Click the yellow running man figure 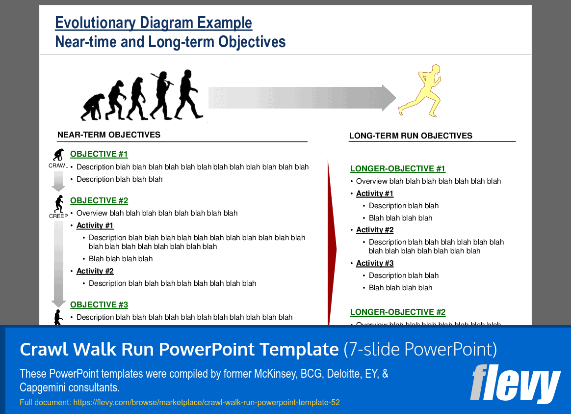pyautogui.click(x=421, y=92)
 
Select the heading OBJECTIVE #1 pyautogui.click(x=99, y=154)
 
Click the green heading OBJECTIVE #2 pyautogui.click(x=99, y=201)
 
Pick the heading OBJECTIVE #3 pyautogui.click(x=99, y=305)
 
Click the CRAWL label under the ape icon pyautogui.click(x=58, y=166)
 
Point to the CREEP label pyautogui.click(x=58, y=216)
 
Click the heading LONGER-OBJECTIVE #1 pyautogui.click(x=397, y=169)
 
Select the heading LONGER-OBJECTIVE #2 pyautogui.click(x=397, y=312)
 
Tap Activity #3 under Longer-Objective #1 pyautogui.click(x=375, y=263)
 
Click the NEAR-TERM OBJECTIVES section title pyautogui.click(x=109, y=135)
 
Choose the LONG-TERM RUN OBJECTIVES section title pyautogui.click(x=411, y=136)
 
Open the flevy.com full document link pyautogui.click(x=206, y=403)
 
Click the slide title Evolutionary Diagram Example pyautogui.click(x=154, y=23)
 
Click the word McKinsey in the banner pyautogui.click(x=275, y=374)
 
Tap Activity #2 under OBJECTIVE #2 pyautogui.click(x=95, y=271)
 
